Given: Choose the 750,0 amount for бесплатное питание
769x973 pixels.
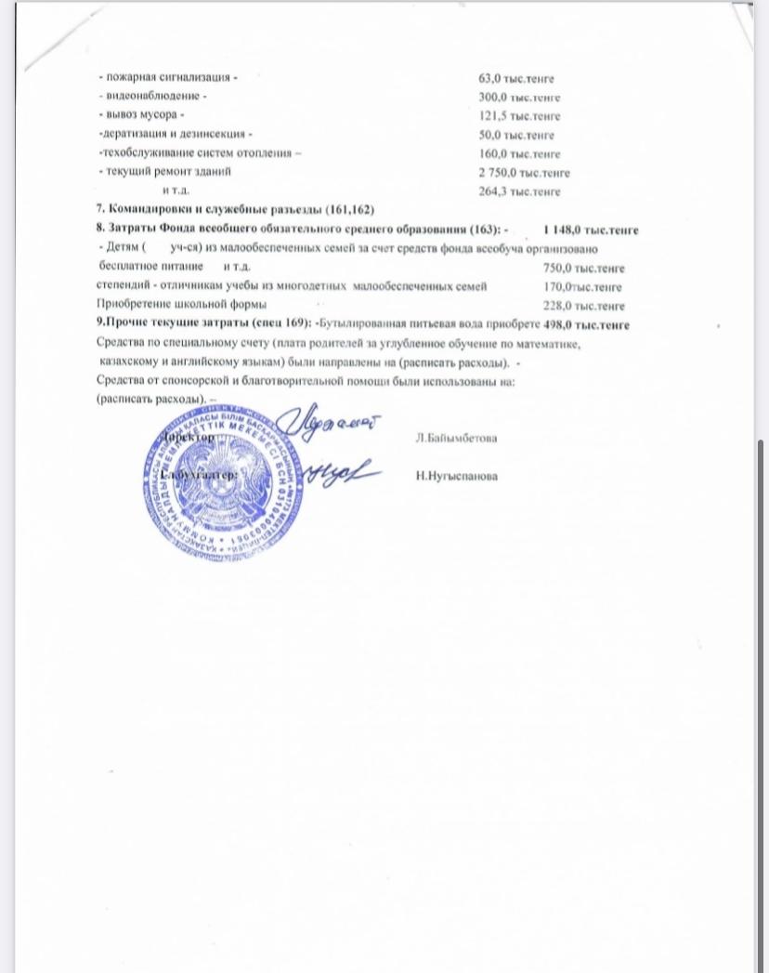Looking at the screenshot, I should [x=557, y=268].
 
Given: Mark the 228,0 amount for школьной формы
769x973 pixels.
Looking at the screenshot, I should [x=557, y=306].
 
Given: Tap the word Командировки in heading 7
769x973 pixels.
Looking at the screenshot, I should [x=152, y=211].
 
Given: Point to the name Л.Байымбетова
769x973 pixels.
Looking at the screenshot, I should [x=456, y=438].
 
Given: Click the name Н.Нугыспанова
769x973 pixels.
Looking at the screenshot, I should [x=457, y=476].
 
